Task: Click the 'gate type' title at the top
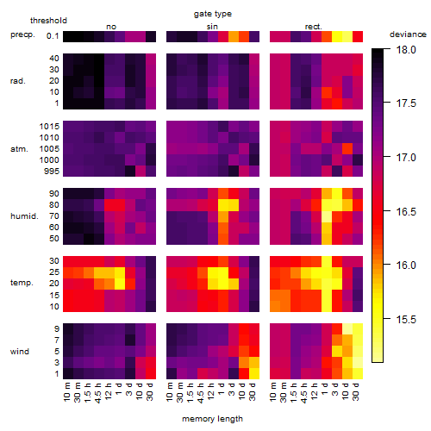click(x=213, y=14)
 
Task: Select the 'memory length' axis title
click(x=212, y=419)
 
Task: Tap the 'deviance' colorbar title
click(x=408, y=34)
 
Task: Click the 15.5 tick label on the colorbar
click(x=406, y=319)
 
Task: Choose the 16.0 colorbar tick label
click(x=406, y=265)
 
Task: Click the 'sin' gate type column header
click(x=212, y=27)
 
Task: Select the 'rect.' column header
click(x=314, y=27)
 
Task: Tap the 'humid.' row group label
click(x=24, y=215)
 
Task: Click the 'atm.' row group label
click(x=19, y=149)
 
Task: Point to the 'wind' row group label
click(x=20, y=352)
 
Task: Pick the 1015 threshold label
click(x=49, y=126)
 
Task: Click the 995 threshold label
click(x=52, y=172)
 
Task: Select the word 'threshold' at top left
click(x=48, y=21)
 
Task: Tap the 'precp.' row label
click(x=22, y=34)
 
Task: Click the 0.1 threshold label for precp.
click(x=53, y=36)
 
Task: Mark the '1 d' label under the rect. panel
click(x=325, y=389)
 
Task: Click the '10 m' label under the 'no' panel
click(x=66, y=391)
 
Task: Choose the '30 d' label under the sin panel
click(x=253, y=391)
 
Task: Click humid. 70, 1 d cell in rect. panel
click(x=327, y=216)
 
